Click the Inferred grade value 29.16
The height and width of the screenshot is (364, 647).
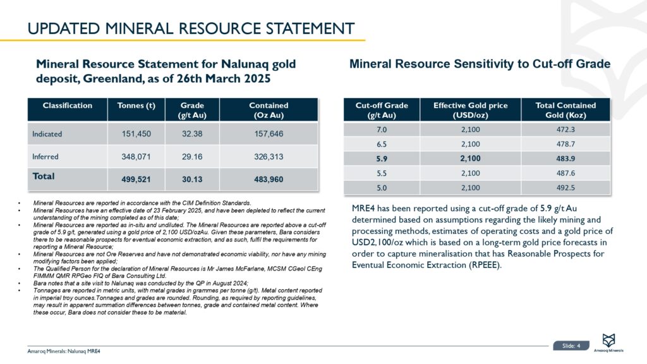pyautogui.click(x=191, y=155)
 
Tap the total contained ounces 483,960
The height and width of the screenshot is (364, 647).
pyautogui.click(x=269, y=179)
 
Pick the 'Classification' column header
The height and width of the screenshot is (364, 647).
pyautogui.click(x=67, y=106)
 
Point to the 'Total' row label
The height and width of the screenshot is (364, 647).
pyautogui.click(x=44, y=176)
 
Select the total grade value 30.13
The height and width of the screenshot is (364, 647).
pyautogui.click(x=191, y=179)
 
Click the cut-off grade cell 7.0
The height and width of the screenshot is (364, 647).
pyautogui.click(x=381, y=128)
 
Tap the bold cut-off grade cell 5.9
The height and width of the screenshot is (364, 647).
pyautogui.click(x=381, y=158)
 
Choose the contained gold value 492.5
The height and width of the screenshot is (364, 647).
pyautogui.click(x=565, y=187)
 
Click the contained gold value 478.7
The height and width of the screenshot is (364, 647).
pyautogui.click(x=565, y=143)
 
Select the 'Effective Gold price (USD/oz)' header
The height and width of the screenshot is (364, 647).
pyautogui.click(x=470, y=110)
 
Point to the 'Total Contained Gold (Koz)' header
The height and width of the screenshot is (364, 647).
pyautogui.click(x=565, y=110)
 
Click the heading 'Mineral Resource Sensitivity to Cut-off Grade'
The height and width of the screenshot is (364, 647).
pyautogui.click(x=480, y=64)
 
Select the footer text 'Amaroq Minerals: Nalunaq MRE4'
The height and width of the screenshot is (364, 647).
pyautogui.click(x=64, y=351)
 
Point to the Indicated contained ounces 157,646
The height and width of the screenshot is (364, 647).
pyautogui.click(x=269, y=133)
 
